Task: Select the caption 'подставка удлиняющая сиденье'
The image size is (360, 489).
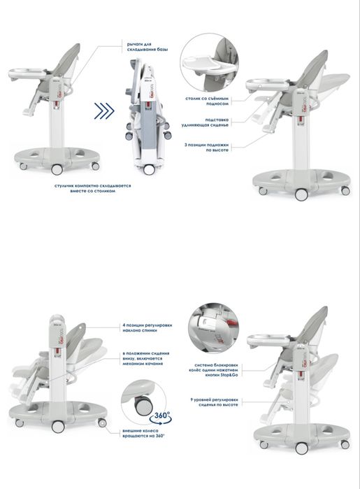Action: tap(215, 123)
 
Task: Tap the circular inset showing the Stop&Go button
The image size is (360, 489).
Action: tap(213, 327)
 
